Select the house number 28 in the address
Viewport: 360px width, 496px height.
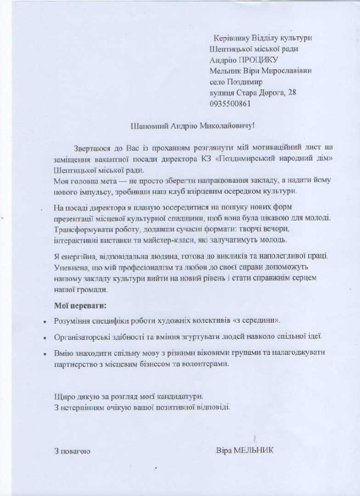(x=292, y=93)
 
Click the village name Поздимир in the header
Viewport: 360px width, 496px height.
(x=245, y=82)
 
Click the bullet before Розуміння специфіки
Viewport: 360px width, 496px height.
(x=45, y=322)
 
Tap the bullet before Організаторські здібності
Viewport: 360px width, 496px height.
(x=45, y=338)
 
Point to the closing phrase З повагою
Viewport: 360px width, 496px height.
(x=72, y=451)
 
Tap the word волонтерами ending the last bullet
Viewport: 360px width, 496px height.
(x=207, y=363)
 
